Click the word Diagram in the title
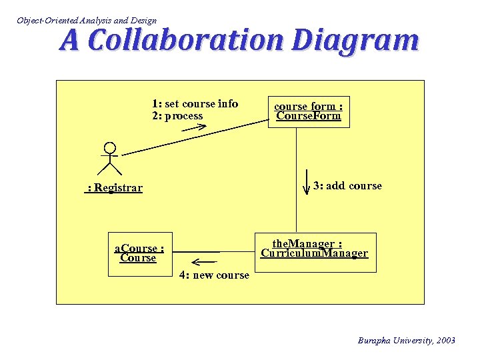(x=355, y=41)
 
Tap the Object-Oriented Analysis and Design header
(x=87, y=21)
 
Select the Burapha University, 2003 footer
(x=407, y=341)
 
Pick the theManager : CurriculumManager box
(x=314, y=251)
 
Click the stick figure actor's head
(x=110, y=148)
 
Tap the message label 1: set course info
(x=195, y=103)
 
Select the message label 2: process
(x=177, y=116)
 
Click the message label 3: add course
(x=347, y=186)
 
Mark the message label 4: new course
(x=214, y=275)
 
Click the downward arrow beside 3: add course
(x=306, y=179)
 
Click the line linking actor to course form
(x=193, y=137)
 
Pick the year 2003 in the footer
(x=445, y=341)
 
